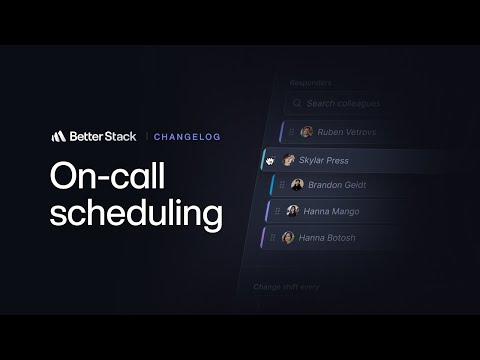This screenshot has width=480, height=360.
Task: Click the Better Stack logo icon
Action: (59, 135)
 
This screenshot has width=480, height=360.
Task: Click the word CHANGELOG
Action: (187, 136)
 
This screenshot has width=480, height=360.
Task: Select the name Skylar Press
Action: (323, 160)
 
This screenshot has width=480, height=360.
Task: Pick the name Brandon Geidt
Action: (337, 185)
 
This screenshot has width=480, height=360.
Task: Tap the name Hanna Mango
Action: (333, 211)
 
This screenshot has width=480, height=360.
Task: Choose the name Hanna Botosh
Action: (328, 237)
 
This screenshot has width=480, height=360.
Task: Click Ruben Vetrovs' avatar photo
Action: (307, 132)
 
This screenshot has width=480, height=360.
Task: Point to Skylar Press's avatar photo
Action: (286, 160)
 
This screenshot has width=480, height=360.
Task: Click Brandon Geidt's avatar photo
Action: (297, 185)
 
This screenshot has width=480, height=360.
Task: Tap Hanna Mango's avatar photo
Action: (293, 211)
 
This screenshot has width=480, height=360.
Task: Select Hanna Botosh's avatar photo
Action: (288, 237)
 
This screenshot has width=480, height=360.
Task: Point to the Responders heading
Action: (310, 82)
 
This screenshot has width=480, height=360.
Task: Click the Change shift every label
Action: (286, 288)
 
